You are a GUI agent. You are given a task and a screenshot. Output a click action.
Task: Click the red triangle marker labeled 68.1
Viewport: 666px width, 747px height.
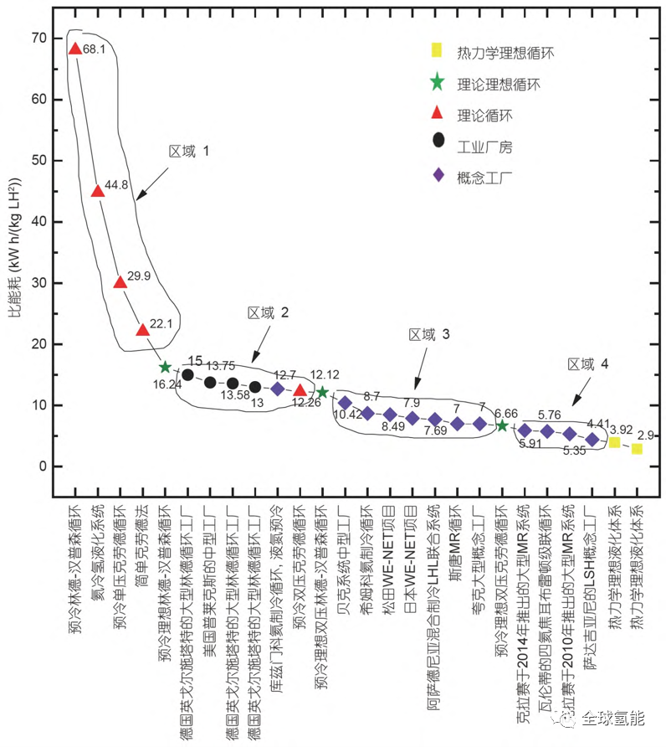[x=74, y=49]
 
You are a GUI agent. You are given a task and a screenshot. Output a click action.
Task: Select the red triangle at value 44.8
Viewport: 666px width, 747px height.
[x=97, y=191]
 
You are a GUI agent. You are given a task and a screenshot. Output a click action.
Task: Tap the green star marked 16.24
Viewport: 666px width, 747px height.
[x=165, y=367]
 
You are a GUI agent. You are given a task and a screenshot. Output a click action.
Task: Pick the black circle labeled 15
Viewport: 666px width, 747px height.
[x=188, y=374]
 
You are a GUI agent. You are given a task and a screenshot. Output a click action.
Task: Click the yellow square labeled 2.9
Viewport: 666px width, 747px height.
[x=637, y=449]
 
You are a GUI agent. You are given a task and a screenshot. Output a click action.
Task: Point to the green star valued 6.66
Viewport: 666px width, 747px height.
[x=502, y=425]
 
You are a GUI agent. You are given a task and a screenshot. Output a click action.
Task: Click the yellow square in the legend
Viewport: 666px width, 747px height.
[x=435, y=51]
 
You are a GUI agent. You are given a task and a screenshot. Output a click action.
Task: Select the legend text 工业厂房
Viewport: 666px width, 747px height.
[x=484, y=147]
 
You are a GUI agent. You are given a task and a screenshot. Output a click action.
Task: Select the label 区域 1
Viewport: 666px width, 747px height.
[x=189, y=152]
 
